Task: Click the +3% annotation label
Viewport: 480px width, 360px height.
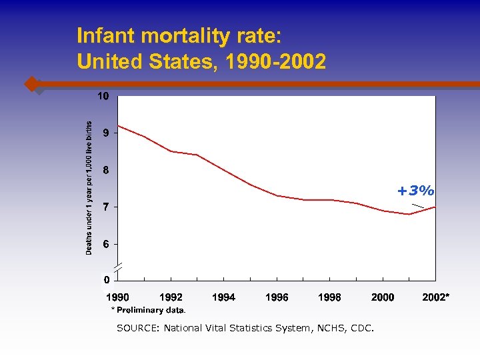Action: (416, 191)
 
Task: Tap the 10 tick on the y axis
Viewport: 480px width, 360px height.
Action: (103, 96)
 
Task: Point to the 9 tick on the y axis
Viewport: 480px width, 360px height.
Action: (105, 133)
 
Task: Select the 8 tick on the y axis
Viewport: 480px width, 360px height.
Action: (105, 170)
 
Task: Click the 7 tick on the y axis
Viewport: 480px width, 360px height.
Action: (105, 207)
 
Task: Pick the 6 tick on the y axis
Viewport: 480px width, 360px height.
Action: (105, 244)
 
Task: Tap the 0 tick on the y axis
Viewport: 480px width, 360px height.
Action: (105, 279)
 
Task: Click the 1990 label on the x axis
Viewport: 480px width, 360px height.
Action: (118, 297)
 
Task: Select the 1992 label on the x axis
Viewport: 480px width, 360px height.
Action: (171, 297)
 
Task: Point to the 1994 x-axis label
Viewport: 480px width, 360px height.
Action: (223, 297)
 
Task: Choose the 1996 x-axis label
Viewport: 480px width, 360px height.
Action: (277, 297)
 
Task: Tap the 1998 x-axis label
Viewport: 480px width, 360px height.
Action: (329, 297)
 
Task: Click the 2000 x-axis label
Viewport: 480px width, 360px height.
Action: (383, 297)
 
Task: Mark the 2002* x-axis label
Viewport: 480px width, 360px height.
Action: (436, 297)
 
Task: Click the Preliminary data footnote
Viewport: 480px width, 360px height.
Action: (149, 310)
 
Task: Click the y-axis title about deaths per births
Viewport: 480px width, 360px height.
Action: (89, 187)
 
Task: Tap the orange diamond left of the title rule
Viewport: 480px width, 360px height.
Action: (31, 84)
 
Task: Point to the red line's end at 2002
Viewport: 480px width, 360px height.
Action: (435, 207)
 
